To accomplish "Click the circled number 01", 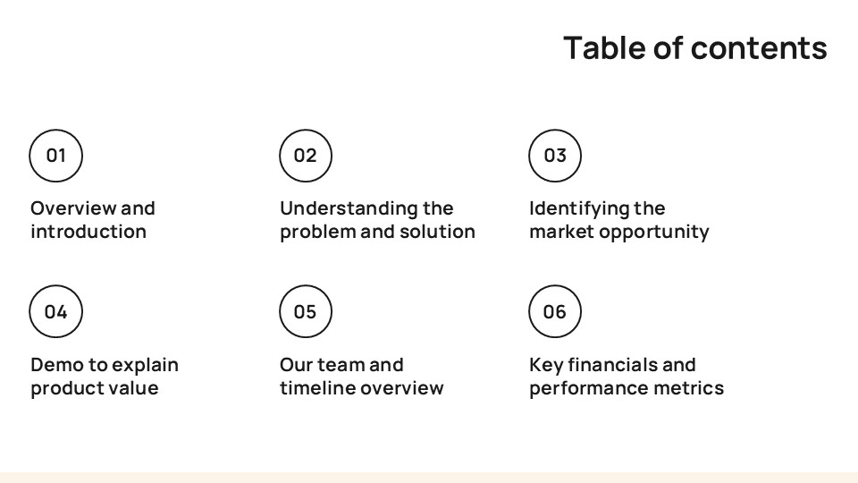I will (x=56, y=156).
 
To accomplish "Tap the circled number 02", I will (x=306, y=156).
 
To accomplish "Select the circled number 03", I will (x=555, y=156).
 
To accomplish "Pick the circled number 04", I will (x=56, y=312).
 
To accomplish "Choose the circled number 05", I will (x=306, y=312).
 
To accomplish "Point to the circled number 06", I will (x=555, y=312).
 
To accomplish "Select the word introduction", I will (x=88, y=232).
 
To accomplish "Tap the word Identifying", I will (x=579, y=208).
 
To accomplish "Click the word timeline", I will (x=315, y=388).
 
